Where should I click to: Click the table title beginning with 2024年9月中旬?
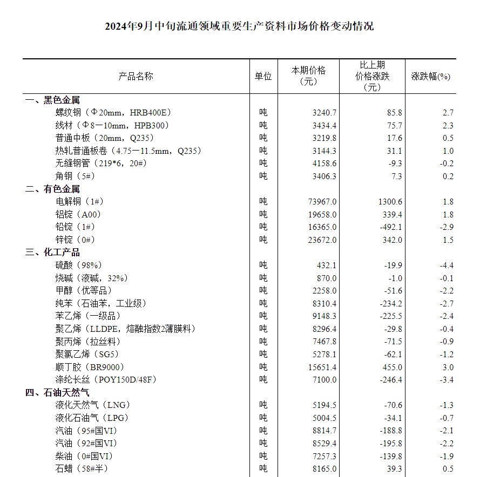pos(239,25)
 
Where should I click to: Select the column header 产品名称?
pos(136,76)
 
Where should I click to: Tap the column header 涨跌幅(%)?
pos(431,76)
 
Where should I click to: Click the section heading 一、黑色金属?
pos(52,100)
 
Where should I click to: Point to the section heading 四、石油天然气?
pos(57,392)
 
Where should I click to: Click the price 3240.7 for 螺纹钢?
pos(324,113)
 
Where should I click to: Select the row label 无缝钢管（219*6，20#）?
pos(102,163)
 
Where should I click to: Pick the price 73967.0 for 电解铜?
pos(322,201)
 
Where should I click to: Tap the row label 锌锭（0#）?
pos(75,240)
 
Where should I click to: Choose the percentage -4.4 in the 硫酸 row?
pos(448,265)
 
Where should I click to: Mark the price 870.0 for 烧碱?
pos(327,278)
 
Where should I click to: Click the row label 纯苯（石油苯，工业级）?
pos(101,303)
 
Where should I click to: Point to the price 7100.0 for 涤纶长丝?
pos(324,380)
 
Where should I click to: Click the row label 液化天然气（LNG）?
pos(93,405)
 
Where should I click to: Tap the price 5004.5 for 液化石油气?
pos(324,418)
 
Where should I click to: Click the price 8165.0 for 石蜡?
pos(324,468)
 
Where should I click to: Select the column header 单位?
pos(263,76)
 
